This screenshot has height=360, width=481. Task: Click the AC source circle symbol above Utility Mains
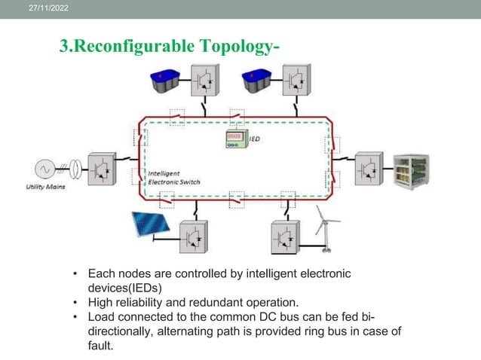point(41,168)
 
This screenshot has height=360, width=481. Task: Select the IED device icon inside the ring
point(237,140)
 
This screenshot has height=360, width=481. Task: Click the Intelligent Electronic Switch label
point(173,178)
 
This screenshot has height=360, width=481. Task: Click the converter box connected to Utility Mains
point(102,169)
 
